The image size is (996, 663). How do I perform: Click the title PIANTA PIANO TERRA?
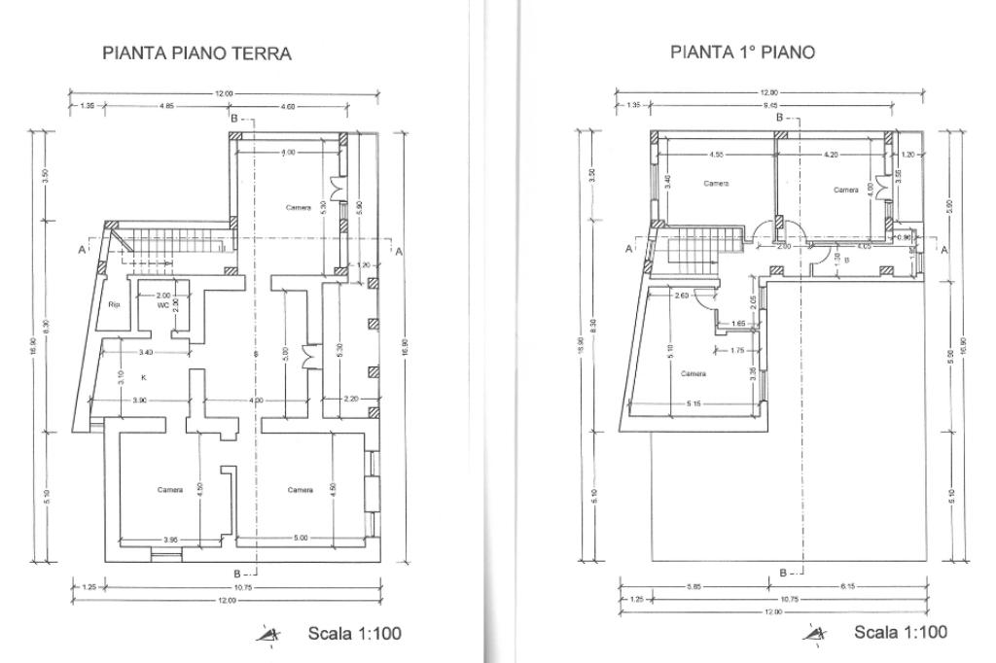click(196, 53)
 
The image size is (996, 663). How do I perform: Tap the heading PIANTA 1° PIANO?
click(742, 52)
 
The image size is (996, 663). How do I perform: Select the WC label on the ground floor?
click(163, 304)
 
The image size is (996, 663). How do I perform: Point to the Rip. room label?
click(114, 302)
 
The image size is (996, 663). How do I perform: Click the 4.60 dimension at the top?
click(288, 105)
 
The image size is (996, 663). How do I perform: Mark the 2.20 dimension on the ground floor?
click(351, 400)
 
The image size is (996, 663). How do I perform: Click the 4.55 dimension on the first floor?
click(715, 155)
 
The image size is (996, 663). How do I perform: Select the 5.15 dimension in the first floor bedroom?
click(694, 403)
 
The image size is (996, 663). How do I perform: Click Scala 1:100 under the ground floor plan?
click(354, 633)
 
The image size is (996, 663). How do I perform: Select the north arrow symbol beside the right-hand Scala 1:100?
click(814, 635)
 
